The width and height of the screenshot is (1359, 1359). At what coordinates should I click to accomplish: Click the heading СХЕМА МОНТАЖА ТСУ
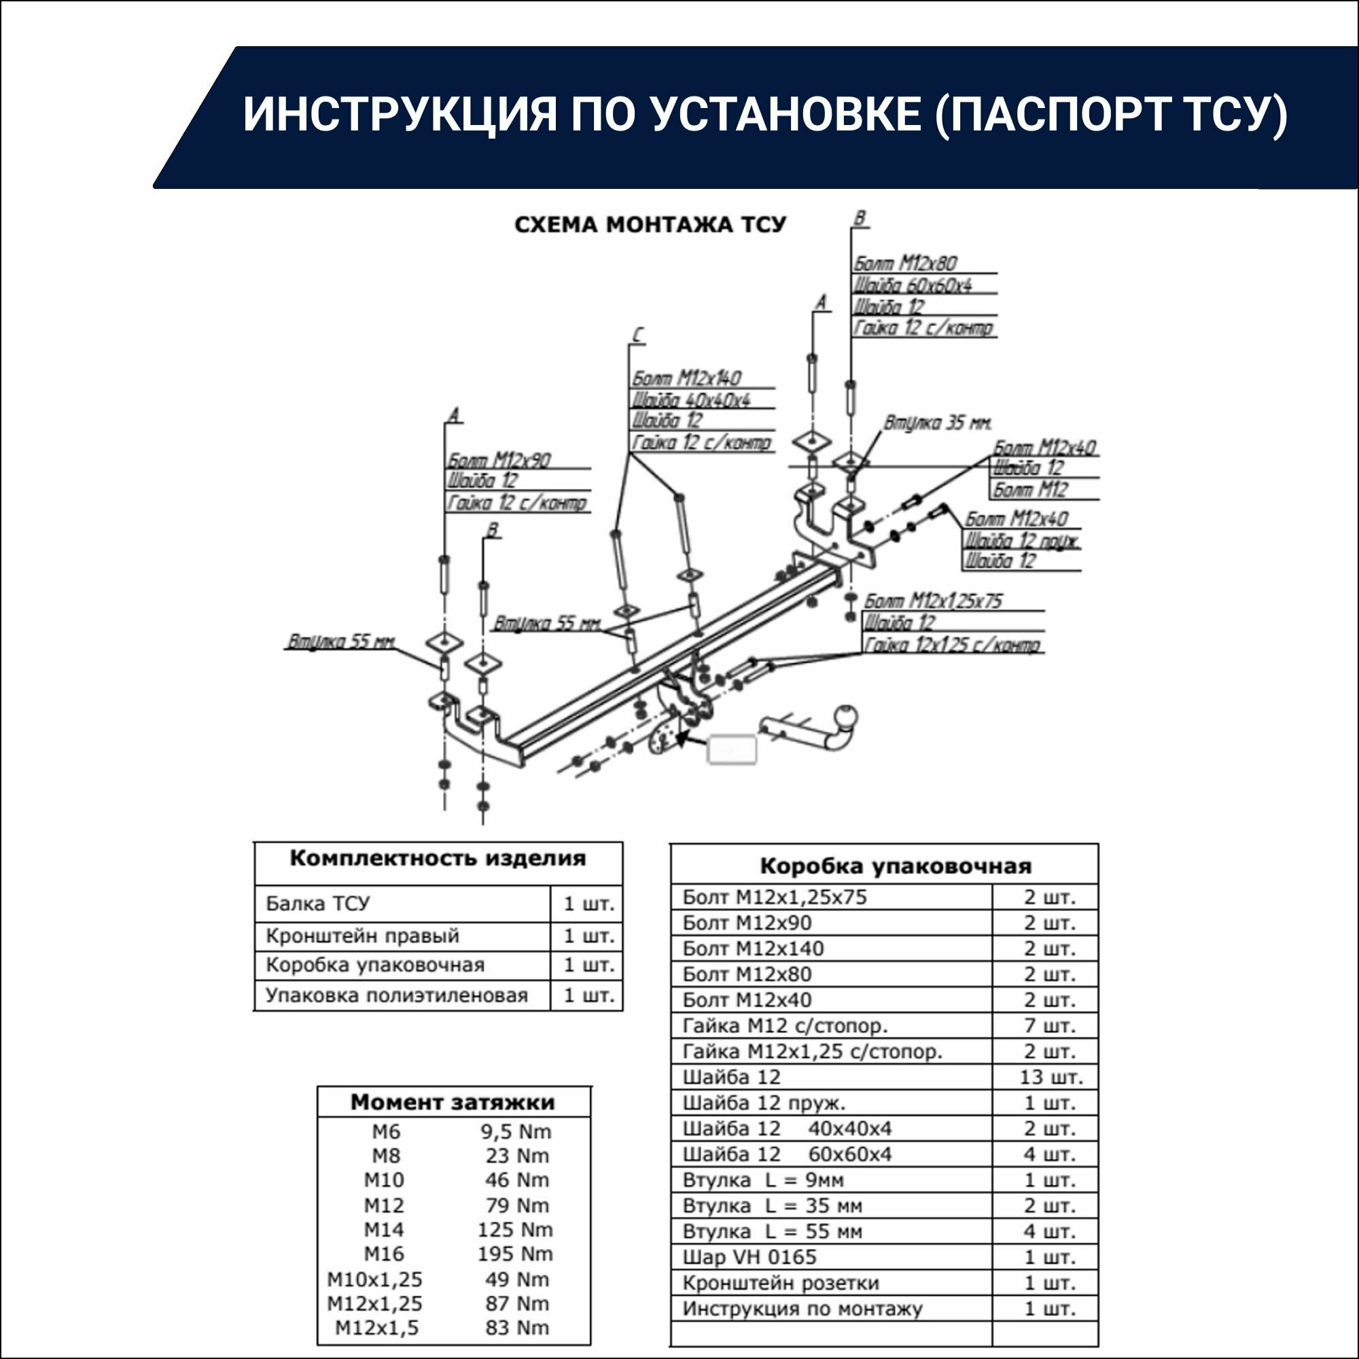pyautogui.click(x=650, y=224)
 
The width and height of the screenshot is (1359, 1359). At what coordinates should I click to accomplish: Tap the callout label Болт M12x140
pyautogui.click(x=687, y=378)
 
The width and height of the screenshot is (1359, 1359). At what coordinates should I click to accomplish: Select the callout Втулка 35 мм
pyautogui.click(x=938, y=423)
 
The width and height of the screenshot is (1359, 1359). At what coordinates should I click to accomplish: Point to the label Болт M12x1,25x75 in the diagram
pyautogui.click(x=933, y=601)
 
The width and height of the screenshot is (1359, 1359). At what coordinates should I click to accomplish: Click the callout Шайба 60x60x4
pyautogui.click(x=913, y=285)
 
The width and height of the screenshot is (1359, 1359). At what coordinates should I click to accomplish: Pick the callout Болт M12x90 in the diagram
pyautogui.click(x=499, y=460)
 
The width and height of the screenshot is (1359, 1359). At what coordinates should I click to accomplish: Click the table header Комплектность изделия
pyautogui.click(x=438, y=859)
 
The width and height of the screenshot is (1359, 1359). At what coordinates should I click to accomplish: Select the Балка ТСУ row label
pyautogui.click(x=317, y=904)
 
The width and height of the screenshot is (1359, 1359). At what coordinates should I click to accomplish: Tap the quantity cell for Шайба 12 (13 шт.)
pyautogui.click(x=1051, y=1077)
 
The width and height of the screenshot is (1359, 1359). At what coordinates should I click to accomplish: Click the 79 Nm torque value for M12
pyautogui.click(x=516, y=1205)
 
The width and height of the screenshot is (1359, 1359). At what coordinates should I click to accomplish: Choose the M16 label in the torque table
pyautogui.click(x=384, y=1254)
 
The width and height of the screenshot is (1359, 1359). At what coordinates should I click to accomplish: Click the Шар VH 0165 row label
pyautogui.click(x=749, y=1257)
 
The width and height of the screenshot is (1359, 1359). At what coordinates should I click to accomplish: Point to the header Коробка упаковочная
pyautogui.click(x=896, y=866)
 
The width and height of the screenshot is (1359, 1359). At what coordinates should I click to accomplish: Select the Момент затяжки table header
pyautogui.click(x=453, y=1102)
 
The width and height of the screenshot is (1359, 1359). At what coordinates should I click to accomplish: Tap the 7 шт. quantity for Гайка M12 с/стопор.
pyautogui.click(x=1050, y=1025)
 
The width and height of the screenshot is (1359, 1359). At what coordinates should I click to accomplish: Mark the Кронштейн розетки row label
pyautogui.click(x=781, y=1283)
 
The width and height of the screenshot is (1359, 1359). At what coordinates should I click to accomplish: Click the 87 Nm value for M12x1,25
pyautogui.click(x=516, y=1303)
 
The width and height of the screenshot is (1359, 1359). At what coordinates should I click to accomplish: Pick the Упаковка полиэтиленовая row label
pyautogui.click(x=396, y=995)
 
